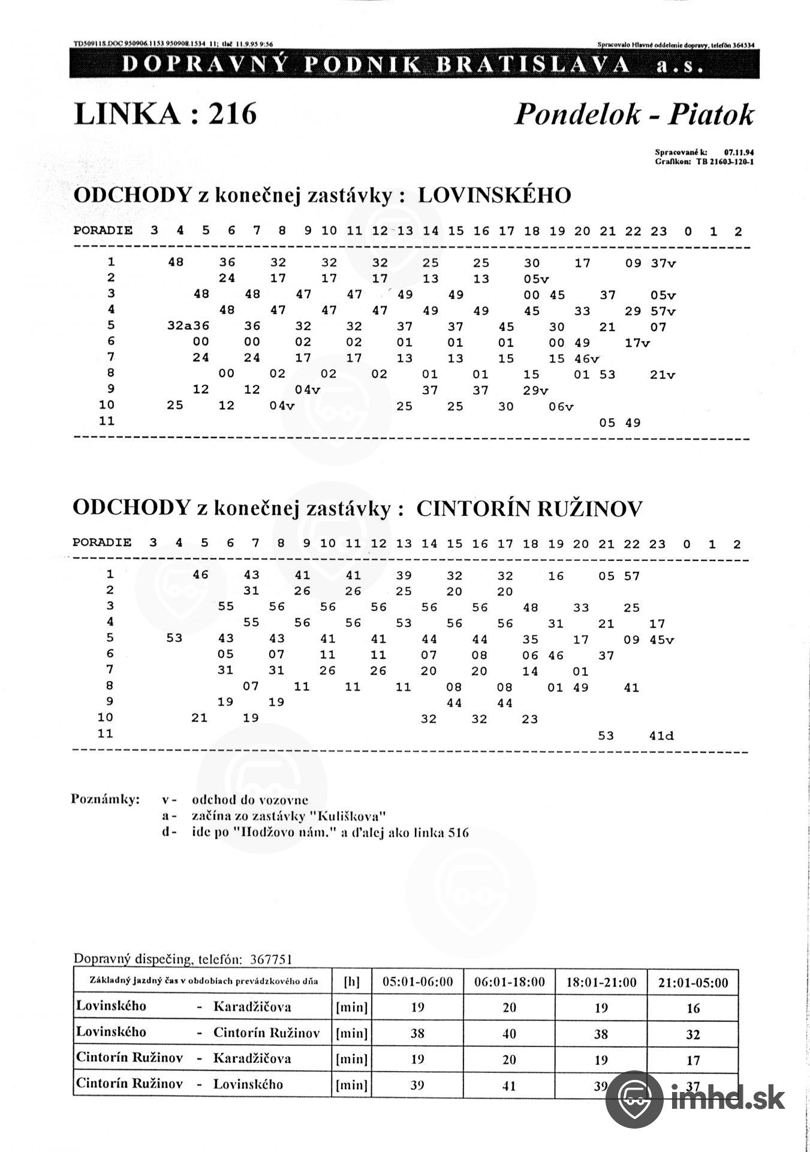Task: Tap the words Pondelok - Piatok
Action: (633, 114)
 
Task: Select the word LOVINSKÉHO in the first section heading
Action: (494, 196)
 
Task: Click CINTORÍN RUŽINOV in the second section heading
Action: (529, 509)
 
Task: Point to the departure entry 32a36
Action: (188, 327)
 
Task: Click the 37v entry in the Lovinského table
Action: (663, 263)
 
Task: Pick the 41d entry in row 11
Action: (661, 736)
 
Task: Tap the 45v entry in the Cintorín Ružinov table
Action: (661, 640)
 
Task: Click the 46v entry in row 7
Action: (586, 359)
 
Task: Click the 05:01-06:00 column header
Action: (418, 982)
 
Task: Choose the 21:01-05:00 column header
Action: (692, 982)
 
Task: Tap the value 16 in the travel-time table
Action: (692, 1008)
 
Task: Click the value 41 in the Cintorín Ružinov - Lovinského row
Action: (509, 1085)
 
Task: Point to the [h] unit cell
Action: (351, 982)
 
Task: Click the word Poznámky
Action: (105, 800)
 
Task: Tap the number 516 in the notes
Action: (458, 833)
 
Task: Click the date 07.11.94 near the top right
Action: (739, 153)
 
